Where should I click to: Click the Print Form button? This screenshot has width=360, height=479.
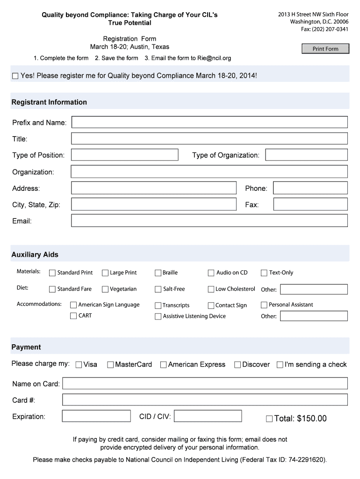(x=325, y=49)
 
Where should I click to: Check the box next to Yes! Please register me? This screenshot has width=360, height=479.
(x=15, y=76)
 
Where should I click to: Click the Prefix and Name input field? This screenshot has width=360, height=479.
(x=209, y=122)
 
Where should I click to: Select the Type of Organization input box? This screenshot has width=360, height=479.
(x=306, y=155)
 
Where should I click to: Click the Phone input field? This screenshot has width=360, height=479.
(x=310, y=188)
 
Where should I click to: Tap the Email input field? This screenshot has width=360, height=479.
(x=209, y=220)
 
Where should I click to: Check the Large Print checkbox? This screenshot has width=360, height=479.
(x=105, y=273)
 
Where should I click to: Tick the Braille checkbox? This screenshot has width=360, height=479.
(x=158, y=273)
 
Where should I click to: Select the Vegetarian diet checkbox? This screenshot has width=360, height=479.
(x=105, y=290)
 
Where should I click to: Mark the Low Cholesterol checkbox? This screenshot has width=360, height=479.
(x=211, y=290)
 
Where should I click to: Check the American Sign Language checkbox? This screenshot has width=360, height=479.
(x=73, y=305)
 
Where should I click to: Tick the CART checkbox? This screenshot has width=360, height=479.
(x=73, y=316)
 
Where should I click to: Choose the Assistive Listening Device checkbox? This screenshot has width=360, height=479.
(x=158, y=317)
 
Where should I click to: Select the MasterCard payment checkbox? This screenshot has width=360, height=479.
(x=110, y=365)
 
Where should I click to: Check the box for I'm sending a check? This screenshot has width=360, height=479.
(x=280, y=365)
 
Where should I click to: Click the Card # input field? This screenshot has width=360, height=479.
(x=205, y=399)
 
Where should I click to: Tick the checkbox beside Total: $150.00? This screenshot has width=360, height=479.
(x=269, y=419)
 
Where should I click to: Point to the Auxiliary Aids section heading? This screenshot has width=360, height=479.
(x=35, y=255)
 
